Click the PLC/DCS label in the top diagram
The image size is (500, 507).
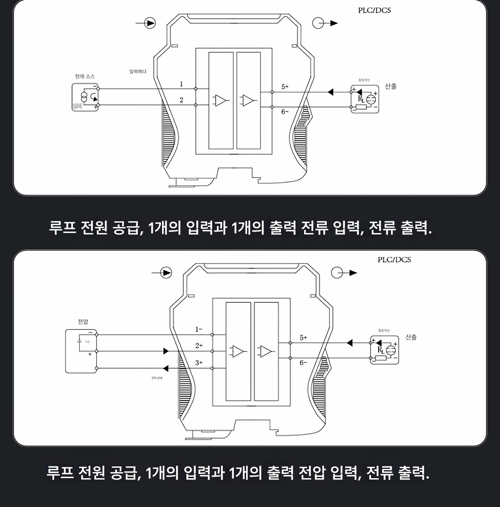click(x=374, y=10)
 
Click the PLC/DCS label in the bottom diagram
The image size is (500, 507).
click(x=394, y=260)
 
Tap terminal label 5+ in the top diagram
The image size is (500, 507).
click(x=285, y=87)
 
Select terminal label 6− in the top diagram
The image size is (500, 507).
click(x=285, y=112)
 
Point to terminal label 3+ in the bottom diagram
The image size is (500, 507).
click(x=199, y=363)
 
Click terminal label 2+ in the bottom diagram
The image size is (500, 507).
click(x=199, y=346)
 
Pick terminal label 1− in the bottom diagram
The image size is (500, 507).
click(x=199, y=330)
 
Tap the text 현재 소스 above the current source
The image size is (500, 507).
click(x=85, y=76)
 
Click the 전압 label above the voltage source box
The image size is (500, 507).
click(x=83, y=322)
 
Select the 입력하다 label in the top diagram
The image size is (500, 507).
click(x=138, y=72)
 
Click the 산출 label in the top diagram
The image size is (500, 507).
click(x=391, y=86)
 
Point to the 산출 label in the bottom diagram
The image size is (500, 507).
click(x=411, y=337)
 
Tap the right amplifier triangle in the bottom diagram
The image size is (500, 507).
click(x=266, y=351)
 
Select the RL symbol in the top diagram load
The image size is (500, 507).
click(x=361, y=99)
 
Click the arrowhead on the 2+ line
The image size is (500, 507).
click(x=166, y=351)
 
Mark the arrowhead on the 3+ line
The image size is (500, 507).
click(x=166, y=368)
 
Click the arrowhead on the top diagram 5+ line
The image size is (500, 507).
click(x=330, y=92)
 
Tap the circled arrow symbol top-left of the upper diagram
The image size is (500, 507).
click(x=150, y=24)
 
